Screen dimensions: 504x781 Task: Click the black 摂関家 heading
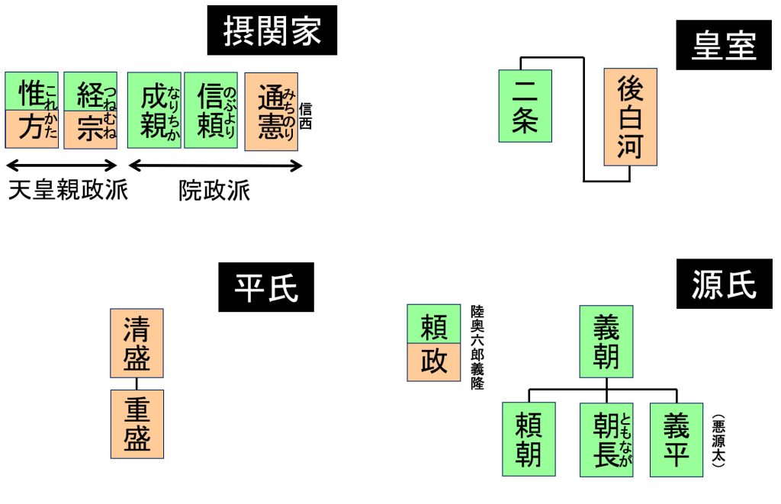point(272,32)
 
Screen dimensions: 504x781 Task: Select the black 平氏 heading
point(265,288)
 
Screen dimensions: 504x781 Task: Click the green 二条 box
point(525,106)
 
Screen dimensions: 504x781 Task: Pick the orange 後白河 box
point(630,117)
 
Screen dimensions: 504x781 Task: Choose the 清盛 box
point(137,343)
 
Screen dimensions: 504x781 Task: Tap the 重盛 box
point(137,424)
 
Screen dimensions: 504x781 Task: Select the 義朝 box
point(606,342)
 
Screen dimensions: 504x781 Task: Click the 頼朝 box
point(528,438)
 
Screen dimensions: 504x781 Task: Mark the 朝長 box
point(606,438)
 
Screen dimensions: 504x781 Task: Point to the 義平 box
point(676,438)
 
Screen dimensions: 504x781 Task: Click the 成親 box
point(154,111)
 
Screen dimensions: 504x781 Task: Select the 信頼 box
point(211,111)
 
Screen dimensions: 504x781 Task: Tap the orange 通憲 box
point(271,111)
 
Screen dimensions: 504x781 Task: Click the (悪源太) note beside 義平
point(718,440)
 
